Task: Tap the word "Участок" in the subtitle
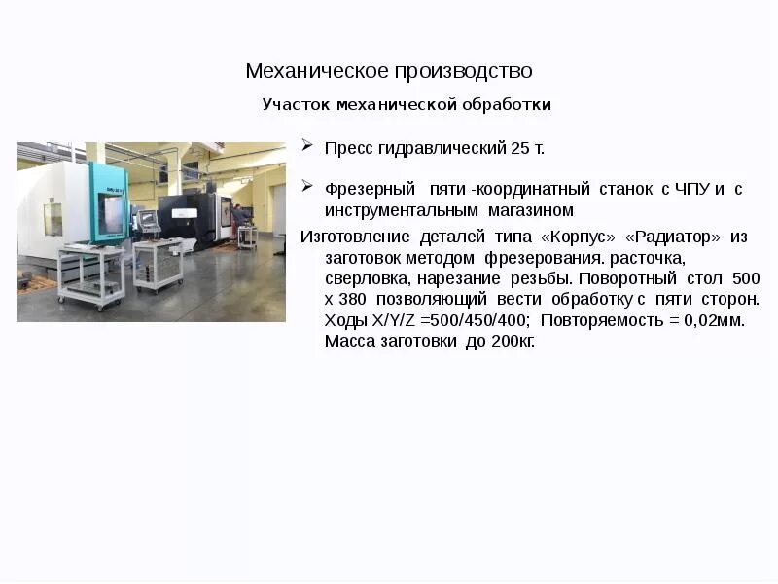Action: tap(293, 104)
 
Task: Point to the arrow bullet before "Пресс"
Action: tap(306, 146)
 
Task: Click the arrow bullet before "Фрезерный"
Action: tap(306, 186)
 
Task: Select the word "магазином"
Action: tap(531, 210)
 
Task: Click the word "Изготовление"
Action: tap(355, 237)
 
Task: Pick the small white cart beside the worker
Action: tap(247, 237)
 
